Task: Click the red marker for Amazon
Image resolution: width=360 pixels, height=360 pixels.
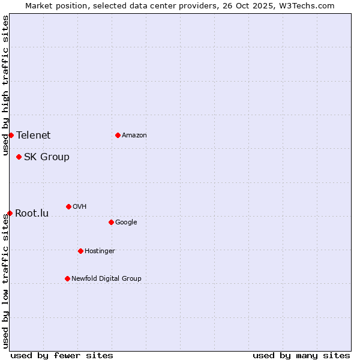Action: tap(118, 135)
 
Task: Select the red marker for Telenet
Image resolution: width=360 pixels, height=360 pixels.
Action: tap(11, 135)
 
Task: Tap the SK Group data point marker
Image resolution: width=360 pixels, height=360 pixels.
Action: tap(19, 157)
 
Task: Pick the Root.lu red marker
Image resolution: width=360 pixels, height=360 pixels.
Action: tap(10, 213)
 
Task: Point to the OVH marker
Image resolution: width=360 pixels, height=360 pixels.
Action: tap(68, 206)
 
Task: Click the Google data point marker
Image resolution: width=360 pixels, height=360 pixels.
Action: tap(111, 222)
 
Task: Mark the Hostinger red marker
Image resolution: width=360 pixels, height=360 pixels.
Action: tap(80, 251)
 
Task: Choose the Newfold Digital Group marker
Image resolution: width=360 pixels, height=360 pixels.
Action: tap(67, 278)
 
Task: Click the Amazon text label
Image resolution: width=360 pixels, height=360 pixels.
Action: tap(134, 136)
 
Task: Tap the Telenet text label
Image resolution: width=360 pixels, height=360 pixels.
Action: tap(34, 136)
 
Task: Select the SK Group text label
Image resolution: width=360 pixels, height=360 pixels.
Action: tap(47, 157)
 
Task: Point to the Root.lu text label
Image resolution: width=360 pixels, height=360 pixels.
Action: tap(32, 214)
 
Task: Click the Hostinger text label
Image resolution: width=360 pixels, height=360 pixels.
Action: tap(100, 251)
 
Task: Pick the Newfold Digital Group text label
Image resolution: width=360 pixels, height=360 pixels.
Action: tap(106, 278)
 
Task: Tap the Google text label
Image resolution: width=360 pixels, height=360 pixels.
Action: tap(126, 223)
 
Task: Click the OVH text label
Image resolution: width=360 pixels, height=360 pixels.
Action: tap(80, 207)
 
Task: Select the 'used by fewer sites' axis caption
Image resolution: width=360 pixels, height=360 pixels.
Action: tap(62, 355)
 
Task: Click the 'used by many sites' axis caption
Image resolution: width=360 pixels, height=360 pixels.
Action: tap(301, 355)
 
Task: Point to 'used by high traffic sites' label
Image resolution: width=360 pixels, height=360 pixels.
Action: tap(5, 85)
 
